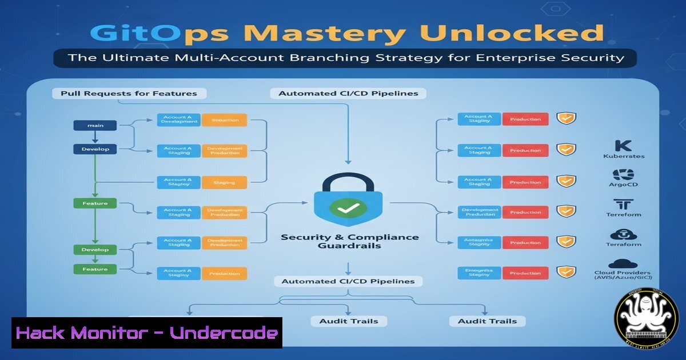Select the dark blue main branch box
[x=95, y=125]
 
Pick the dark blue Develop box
[x=95, y=149]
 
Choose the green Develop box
[x=95, y=250]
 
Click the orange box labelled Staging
[x=225, y=183]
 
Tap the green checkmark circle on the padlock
[x=348, y=209]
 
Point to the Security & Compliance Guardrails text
[x=349, y=241]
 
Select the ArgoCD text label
[x=623, y=185]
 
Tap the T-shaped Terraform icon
[x=623, y=204]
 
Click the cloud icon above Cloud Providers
[x=623, y=263]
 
